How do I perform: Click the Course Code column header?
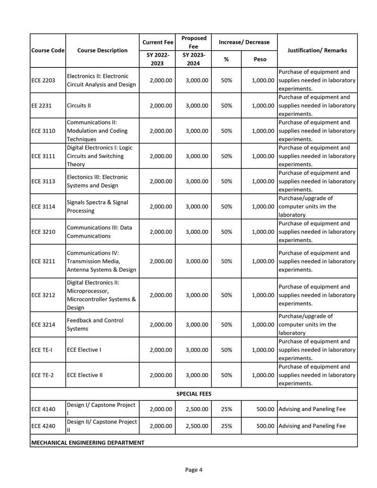(48, 50)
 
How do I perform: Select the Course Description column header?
(102, 50)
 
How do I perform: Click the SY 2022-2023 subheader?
(157, 59)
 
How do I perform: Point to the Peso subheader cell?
(260, 59)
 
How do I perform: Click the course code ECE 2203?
(43, 80)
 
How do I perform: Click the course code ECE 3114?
(43, 207)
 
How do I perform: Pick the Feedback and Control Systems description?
(95, 324)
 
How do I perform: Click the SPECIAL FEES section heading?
(194, 393)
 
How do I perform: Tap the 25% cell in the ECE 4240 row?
(226, 426)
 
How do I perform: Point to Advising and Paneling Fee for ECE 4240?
(312, 426)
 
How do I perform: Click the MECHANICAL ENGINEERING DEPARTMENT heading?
(88, 443)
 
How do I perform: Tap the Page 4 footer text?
(194, 470)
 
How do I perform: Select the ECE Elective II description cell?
(85, 375)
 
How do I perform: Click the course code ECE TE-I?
(42, 350)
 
